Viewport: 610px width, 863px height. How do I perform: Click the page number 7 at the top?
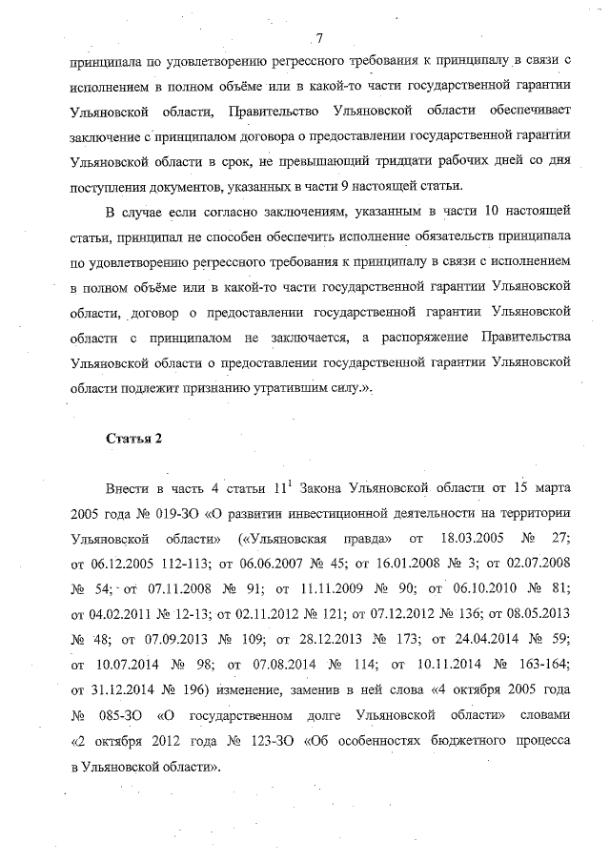click(x=319, y=37)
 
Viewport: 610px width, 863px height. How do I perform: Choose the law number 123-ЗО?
click(x=259, y=738)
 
